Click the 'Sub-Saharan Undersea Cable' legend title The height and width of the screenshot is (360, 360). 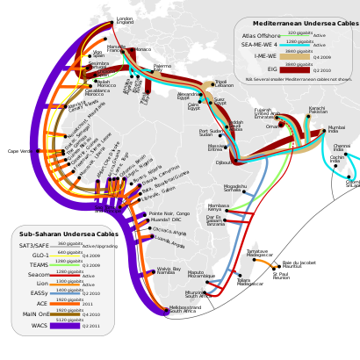tap(67, 235)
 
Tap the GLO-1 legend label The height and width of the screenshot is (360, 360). tap(40, 256)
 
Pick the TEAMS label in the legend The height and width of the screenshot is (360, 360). tap(39, 265)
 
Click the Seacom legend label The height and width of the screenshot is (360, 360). tap(38, 275)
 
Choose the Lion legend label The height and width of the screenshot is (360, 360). tap(42, 284)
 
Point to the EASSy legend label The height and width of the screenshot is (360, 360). tap(39, 294)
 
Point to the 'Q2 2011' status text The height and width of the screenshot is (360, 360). tap(91, 326)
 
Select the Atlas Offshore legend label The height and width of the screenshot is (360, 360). tap(261, 36)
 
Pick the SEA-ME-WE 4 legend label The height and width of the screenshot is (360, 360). tap(261, 46)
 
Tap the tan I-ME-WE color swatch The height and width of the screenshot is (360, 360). tap(299, 57)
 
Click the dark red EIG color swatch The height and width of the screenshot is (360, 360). tap(299, 69)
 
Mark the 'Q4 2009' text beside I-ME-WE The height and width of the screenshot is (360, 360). tap(321, 57)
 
